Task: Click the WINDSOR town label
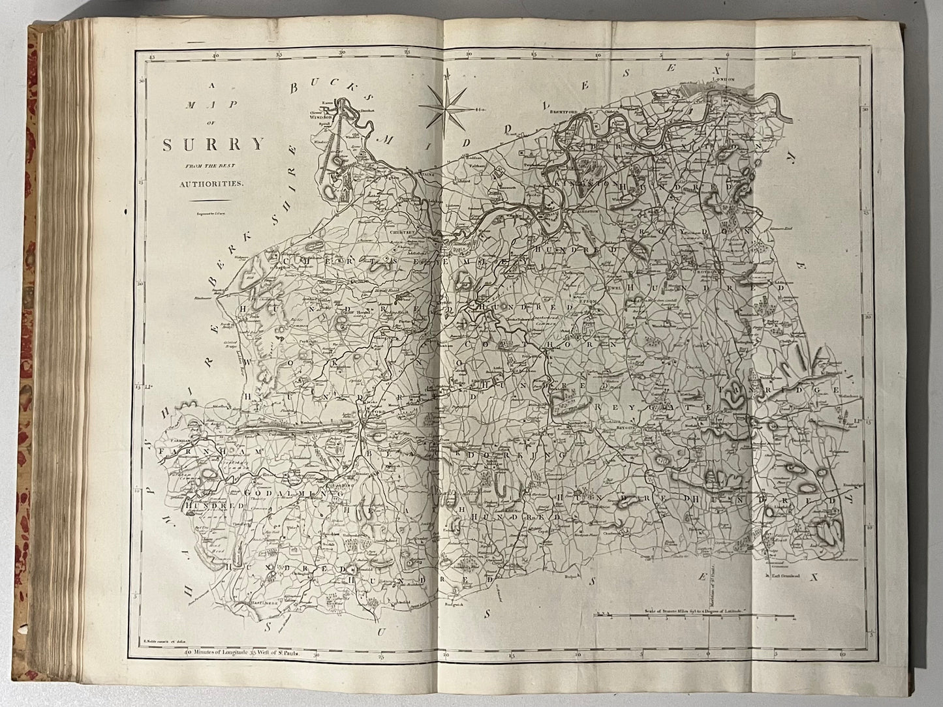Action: [x=327, y=119]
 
